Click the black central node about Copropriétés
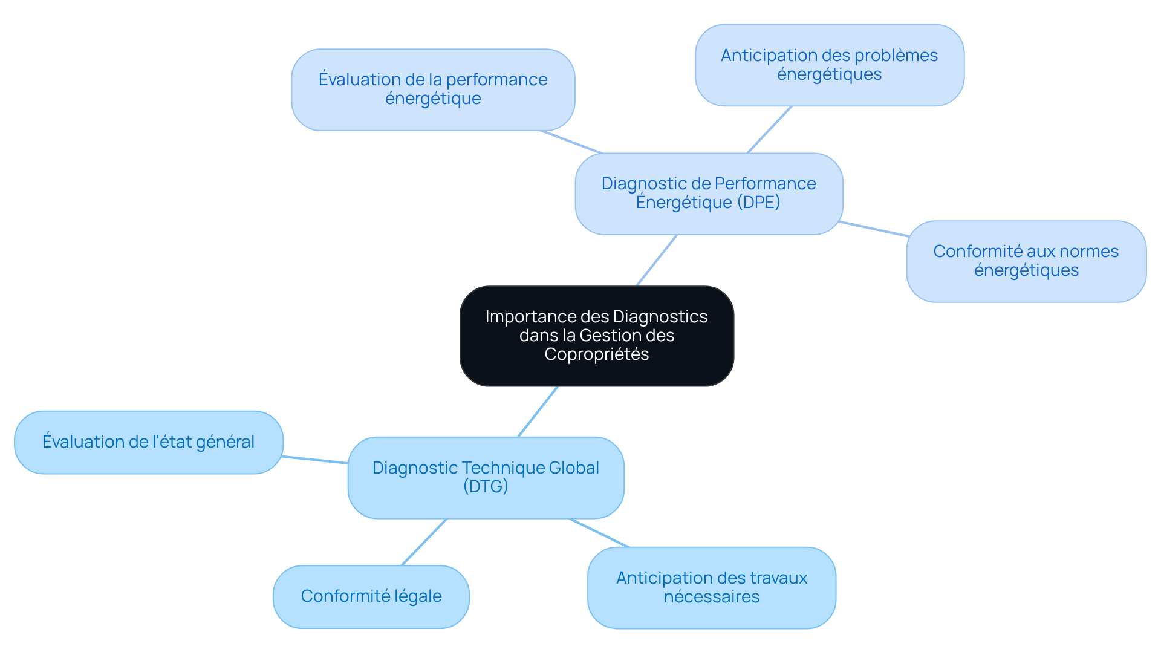(596, 336)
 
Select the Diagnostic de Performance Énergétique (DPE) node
(709, 194)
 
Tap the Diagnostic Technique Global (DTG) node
(486, 477)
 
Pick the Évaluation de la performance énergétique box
(433, 90)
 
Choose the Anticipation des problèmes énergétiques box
(829, 65)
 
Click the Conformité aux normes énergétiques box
(1026, 261)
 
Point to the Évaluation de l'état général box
(149, 442)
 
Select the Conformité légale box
(371, 596)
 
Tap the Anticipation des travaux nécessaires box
(711, 587)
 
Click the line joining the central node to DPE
(657, 260)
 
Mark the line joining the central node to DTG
(538, 412)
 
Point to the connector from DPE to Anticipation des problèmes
(769, 129)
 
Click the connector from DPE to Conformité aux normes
(874, 229)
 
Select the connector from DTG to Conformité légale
(424, 542)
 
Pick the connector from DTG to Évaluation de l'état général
(315, 460)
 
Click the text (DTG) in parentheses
(486, 486)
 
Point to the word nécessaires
(711, 597)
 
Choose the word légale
(418, 596)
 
